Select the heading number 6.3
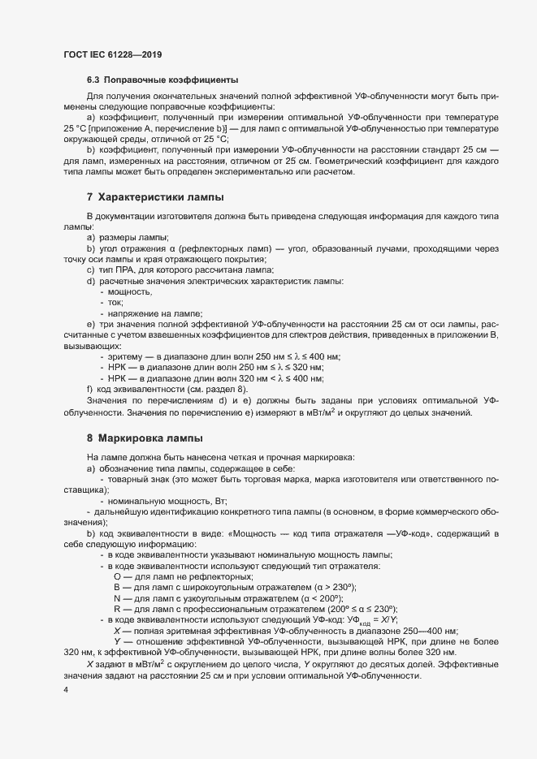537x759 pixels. click(94, 80)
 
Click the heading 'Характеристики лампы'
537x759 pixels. click(161, 197)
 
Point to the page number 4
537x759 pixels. click(65, 690)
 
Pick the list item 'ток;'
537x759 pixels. click(117, 303)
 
